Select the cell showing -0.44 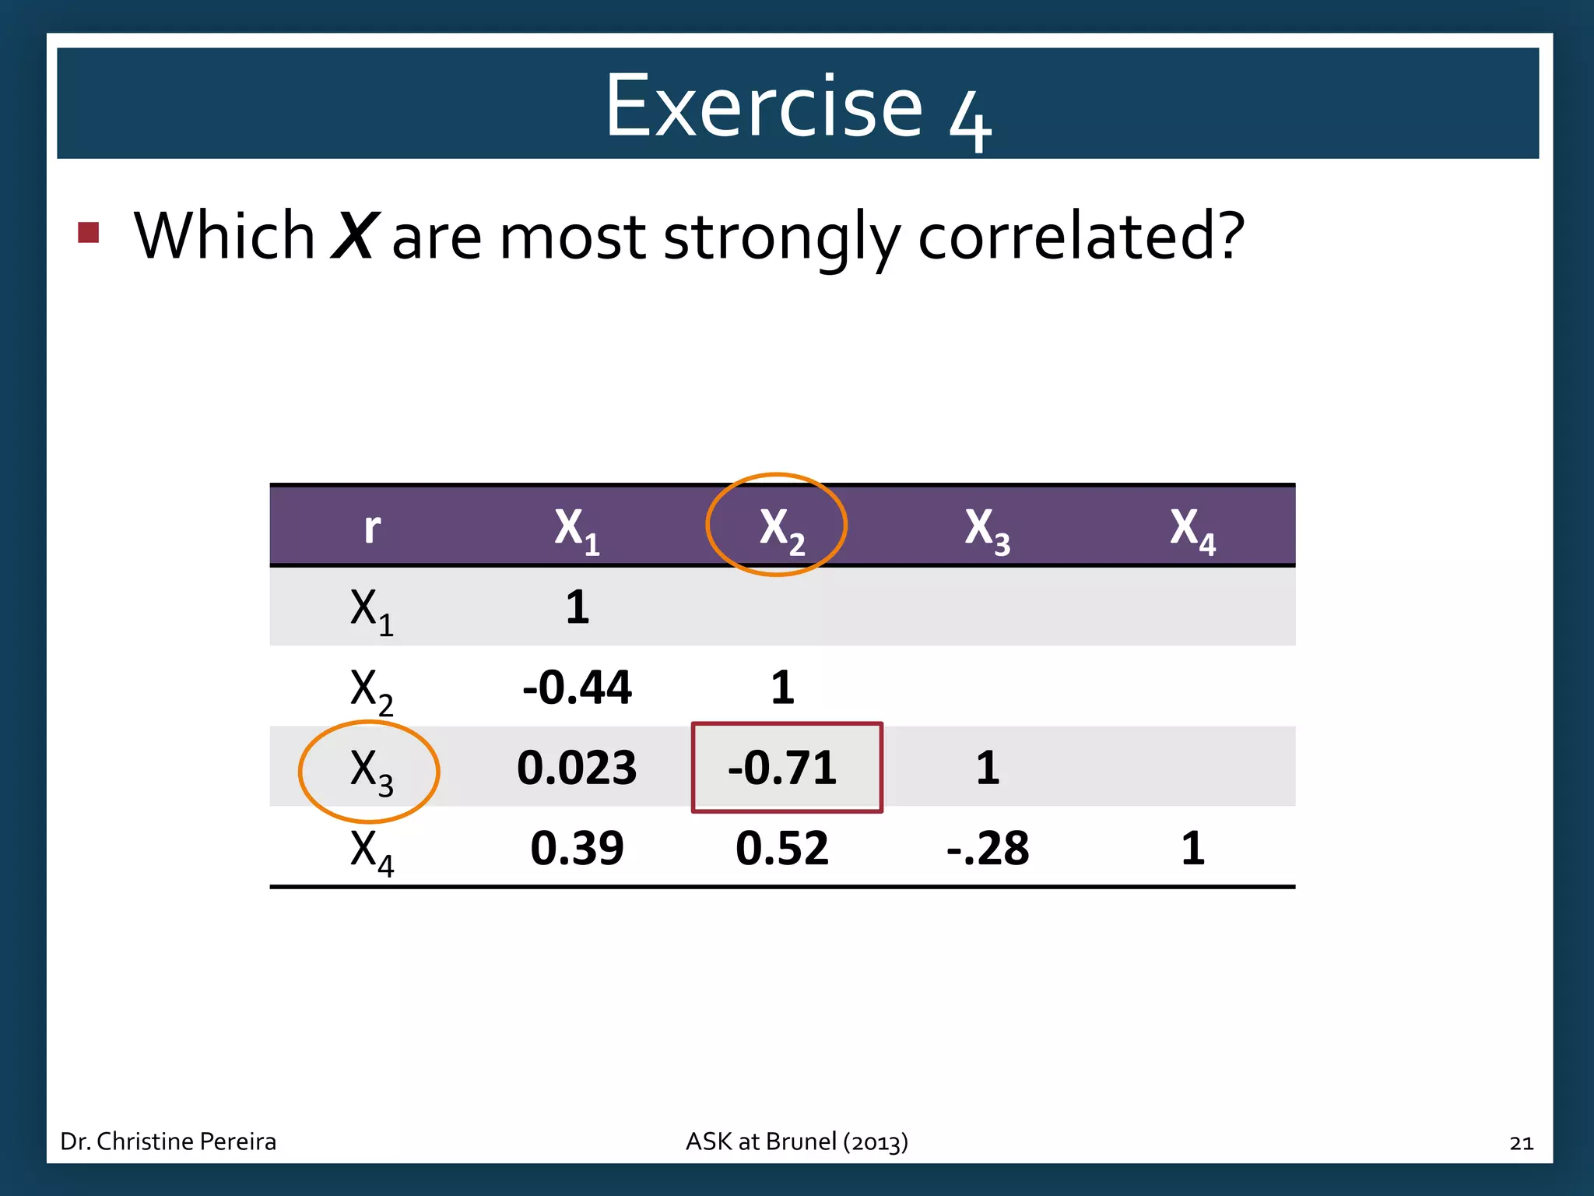click(577, 688)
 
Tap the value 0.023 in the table click(577, 768)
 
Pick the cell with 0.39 click(577, 848)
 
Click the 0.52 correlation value click(782, 848)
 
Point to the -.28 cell click(988, 848)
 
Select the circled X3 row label click(370, 771)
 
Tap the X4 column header click(1192, 529)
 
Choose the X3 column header click(987, 529)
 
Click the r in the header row click(372, 529)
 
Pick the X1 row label click(371, 610)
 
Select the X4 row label click(371, 851)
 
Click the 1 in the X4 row click(1192, 848)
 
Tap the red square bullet click(89, 232)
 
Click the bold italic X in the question click(355, 236)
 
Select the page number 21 click(1521, 1143)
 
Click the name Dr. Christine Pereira click(168, 1141)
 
